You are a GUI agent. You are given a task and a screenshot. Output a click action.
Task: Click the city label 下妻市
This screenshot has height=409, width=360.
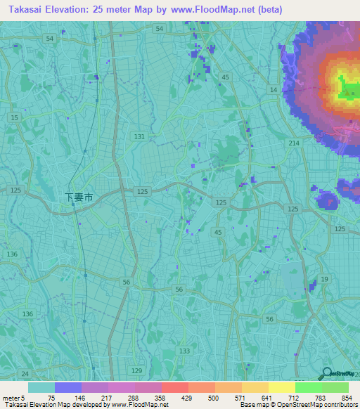point(79,198)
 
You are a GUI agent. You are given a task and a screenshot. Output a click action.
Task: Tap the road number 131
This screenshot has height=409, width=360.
point(139,136)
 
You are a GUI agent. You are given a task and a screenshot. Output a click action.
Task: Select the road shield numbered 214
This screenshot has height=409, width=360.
point(293,143)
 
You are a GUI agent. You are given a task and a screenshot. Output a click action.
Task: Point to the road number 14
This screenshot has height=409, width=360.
point(273,90)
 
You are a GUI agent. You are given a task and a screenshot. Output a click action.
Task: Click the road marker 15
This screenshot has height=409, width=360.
point(15,118)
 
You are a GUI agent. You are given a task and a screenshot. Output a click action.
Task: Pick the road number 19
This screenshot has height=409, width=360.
point(324,280)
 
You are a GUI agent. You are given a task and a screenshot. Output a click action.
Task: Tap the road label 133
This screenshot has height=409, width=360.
point(184,351)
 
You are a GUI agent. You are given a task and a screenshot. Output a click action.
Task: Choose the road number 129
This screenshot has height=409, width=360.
point(137,370)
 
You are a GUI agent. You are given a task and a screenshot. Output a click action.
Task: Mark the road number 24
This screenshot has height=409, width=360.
point(25,373)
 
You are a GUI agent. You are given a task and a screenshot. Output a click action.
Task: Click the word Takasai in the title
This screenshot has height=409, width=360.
point(26,8)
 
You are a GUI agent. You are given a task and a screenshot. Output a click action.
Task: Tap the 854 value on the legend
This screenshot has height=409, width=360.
point(345,397)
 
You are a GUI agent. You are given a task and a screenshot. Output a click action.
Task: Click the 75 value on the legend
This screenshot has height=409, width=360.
point(51,397)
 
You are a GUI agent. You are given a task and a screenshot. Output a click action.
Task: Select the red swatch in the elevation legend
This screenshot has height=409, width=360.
point(174,387)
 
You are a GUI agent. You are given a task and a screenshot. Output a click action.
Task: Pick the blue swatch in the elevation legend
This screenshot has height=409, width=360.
point(68,387)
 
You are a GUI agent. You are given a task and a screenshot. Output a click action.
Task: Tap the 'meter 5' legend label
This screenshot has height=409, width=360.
point(13,397)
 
